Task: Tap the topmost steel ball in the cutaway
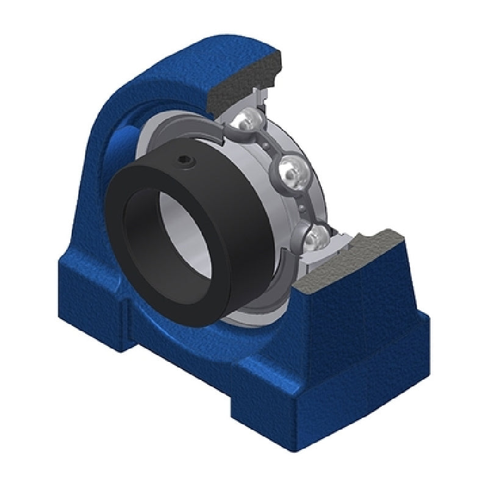pyautogui.click(x=245, y=121)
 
